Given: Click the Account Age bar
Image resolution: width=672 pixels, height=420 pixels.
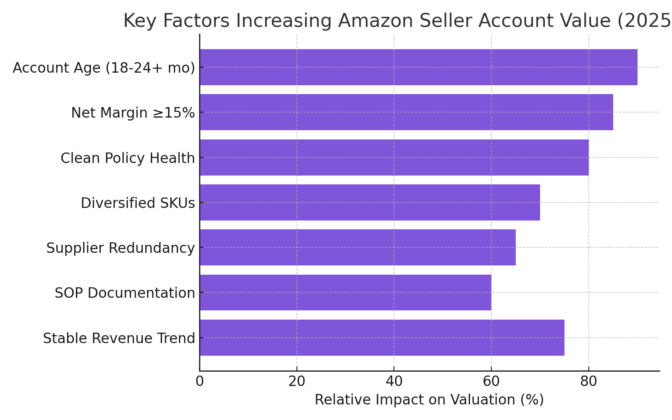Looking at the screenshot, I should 418,67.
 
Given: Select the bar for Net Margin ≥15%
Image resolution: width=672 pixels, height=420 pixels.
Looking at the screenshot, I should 406,112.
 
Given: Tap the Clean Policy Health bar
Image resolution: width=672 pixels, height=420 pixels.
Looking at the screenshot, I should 394,157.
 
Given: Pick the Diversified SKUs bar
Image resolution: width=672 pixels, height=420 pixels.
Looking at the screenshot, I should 370,202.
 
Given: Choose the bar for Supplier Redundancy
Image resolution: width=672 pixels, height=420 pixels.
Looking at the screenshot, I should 357,247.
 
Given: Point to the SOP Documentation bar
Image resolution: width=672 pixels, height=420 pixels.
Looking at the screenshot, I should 345,292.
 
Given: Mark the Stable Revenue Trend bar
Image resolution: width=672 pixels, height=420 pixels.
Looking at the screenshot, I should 382,338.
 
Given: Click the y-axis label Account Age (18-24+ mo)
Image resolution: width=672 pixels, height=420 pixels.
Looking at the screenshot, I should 104,68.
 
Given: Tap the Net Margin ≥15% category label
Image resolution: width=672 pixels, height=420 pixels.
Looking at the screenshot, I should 133,113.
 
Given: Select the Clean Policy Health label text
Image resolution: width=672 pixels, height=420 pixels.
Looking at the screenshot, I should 128,158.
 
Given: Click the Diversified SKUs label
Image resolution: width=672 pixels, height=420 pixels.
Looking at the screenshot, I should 138,203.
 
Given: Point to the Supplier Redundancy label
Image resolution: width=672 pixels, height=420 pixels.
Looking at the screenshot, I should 121,248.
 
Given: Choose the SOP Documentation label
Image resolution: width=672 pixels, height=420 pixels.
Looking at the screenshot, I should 125,293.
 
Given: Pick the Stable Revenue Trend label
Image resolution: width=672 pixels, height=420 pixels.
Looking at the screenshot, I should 119,338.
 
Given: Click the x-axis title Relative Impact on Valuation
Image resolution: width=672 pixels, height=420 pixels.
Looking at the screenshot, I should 429,400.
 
